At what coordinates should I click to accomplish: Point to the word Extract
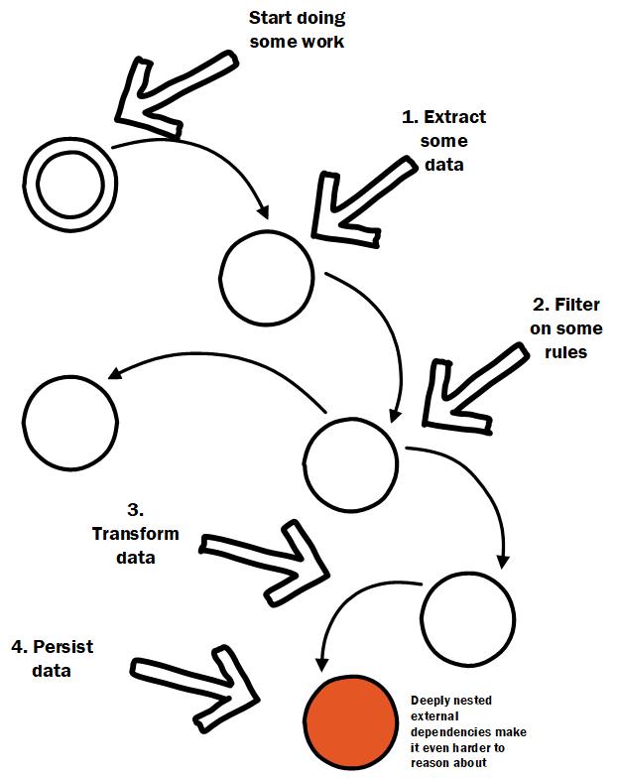(454, 117)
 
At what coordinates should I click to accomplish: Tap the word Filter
(577, 304)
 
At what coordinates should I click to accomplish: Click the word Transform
(135, 534)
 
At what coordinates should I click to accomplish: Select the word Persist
(63, 647)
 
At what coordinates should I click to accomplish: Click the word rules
(565, 352)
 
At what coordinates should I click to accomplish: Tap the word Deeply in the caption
(429, 701)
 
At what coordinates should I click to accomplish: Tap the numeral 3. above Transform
(135, 510)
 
